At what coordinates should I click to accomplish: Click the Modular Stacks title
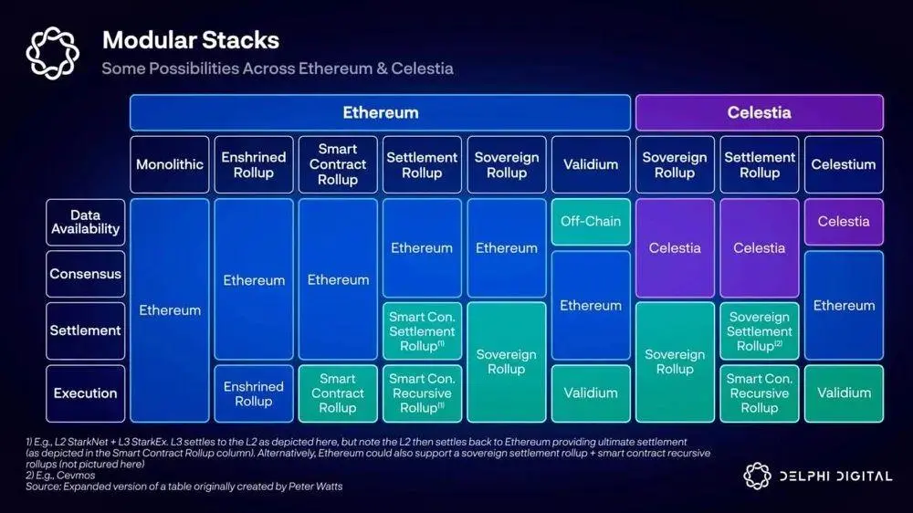pos(190,40)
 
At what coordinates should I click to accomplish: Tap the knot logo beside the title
pos(53,52)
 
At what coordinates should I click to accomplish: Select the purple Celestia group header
pos(759,113)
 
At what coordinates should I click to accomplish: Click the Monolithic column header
pos(170,164)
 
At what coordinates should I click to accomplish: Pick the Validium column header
pos(591,164)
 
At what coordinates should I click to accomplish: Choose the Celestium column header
pos(844,164)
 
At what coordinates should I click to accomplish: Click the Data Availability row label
pos(85,222)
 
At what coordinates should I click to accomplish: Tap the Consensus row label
pos(85,274)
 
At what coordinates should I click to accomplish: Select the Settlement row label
pos(85,330)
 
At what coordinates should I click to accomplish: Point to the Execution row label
pos(85,393)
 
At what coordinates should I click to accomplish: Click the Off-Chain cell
pos(591,221)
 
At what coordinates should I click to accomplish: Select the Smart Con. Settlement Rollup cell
pos(422,331)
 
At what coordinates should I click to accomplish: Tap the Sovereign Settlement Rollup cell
pos(759,331)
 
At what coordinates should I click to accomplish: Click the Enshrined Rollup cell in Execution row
pos(254,393)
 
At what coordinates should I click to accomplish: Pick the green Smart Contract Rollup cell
pos(338,393)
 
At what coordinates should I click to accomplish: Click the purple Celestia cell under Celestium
pos(844,221)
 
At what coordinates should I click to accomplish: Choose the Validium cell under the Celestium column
pos(844,393)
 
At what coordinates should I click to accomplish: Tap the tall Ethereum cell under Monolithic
pos(170,310)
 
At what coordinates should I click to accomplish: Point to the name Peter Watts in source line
pos(313,487)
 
